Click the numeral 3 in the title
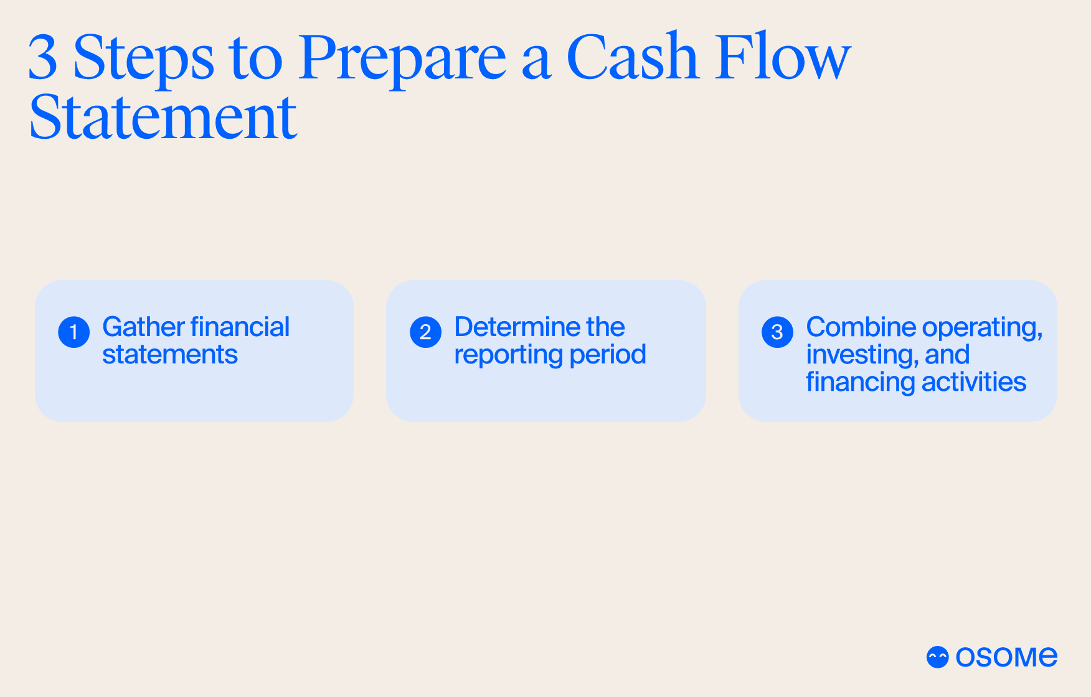[x=43, y=58]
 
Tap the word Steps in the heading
[x=144, y=61]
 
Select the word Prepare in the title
[x=402, y=61]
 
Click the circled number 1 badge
[x=74, y=332]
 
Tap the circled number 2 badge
[x=426, y=332]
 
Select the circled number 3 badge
[x=778, y=332]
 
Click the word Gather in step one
[x=143, y=327]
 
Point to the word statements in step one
[x=170, y=355]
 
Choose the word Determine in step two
[x=509, y=327]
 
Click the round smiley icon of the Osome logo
[x=937, y=657]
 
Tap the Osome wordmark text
[x=1006, y=657]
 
